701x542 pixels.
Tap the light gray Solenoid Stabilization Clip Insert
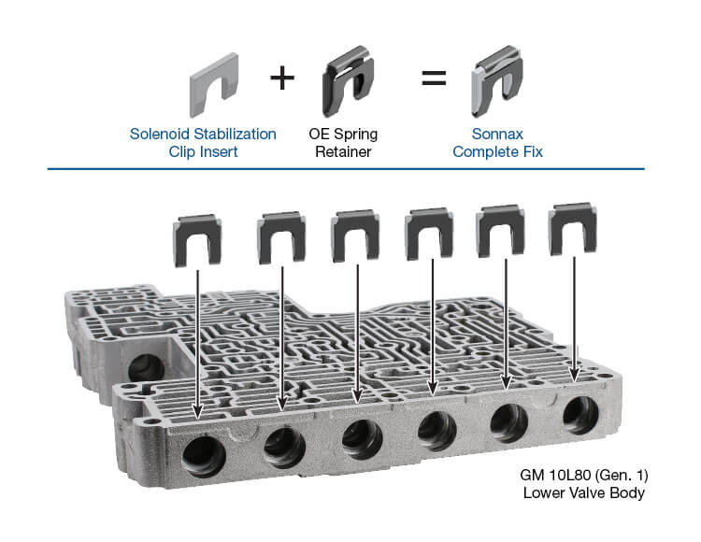(214, 85)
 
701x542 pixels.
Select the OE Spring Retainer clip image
(348, 81)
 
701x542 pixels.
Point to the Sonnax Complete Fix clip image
(496, 81)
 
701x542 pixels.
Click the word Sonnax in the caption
(497, 134)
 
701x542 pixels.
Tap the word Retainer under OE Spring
(343, 151)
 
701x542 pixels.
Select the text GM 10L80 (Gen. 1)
(584, 475)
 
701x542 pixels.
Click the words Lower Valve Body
(584, 492)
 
